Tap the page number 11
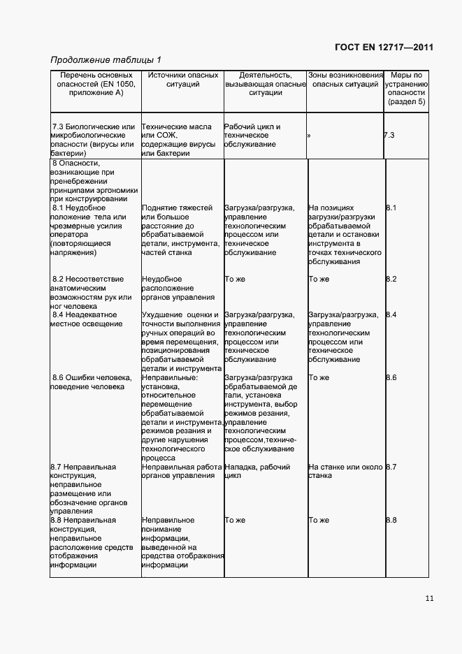pos(428,598)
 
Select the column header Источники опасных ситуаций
pos(182,80)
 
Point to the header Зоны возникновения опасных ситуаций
pos(346,80)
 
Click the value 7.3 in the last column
pos(389,136)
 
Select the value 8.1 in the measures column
pos(391,208)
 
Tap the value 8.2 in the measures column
pos(391,279)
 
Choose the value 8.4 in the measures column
pos(391,315)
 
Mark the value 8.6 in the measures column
pos(391,378)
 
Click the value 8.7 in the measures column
pos(391,467)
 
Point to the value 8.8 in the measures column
pos(391,521)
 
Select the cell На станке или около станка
pos(345,471)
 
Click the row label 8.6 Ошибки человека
pos(91,382)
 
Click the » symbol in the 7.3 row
pos(309,136)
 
